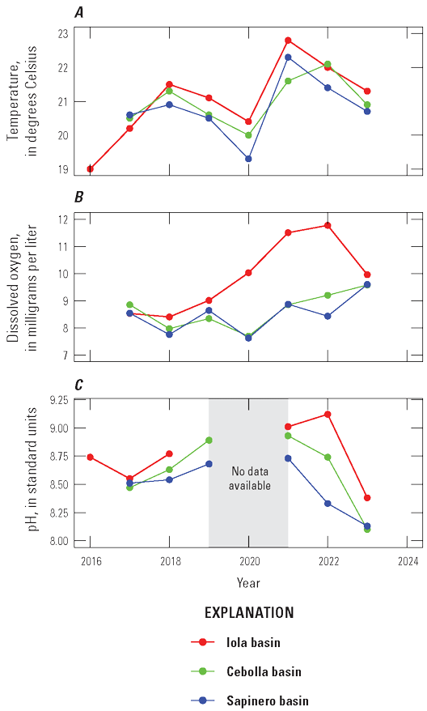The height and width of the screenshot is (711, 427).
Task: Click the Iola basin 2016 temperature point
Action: (x=90, y=169)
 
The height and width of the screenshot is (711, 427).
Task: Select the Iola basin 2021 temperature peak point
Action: (x=288, y=40)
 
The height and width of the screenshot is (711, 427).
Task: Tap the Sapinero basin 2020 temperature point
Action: (x=248, y=159)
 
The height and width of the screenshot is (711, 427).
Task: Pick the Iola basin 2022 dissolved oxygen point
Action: (x=328, y=225)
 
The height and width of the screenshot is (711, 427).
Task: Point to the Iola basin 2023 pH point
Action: (x=367, y=498)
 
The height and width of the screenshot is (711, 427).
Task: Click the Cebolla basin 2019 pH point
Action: (x=209, y=441)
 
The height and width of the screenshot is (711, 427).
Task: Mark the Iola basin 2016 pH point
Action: (x=90, y=457)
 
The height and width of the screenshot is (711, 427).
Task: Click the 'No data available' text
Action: (x=248, y=479)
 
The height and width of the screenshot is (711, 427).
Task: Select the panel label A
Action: (x=78, y=11)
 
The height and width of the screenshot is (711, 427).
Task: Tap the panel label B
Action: (x=78, y=197)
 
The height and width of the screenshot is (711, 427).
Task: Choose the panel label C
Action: (x=78, y=384)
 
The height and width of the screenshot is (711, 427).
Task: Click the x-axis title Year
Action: (x=248, y=582)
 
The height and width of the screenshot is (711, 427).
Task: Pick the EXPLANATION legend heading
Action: (x=248, y=612)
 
